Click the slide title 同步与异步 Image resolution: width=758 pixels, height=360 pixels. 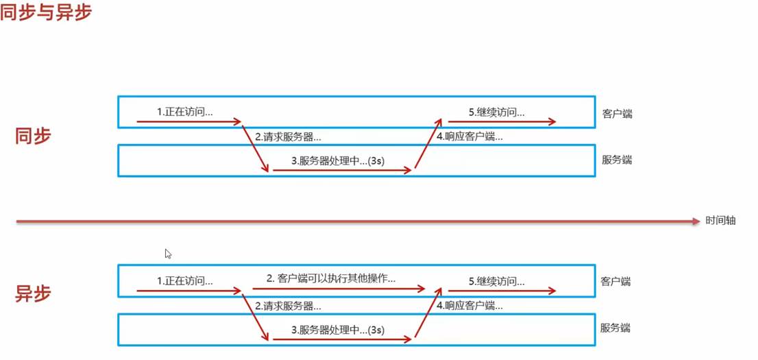[46, 12]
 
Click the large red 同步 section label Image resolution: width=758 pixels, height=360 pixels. [33, 136]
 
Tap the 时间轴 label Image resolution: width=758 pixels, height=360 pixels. [720, 221]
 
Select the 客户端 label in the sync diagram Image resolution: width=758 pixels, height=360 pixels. [617, 114]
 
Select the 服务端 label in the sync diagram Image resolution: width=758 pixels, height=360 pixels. [617, 160]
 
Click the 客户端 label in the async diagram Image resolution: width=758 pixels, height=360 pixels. [615, 282]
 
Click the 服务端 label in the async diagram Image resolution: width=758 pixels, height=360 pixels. [615, 328]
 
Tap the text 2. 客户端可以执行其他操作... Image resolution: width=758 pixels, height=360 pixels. [332, 278]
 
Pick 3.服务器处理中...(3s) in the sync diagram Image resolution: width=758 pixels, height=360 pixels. [338, 161]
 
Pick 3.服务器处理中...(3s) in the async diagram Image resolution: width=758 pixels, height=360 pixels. [338, 330]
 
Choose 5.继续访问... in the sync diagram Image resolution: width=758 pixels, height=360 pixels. [497, 111]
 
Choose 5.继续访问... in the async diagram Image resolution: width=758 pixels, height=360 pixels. [497, 280]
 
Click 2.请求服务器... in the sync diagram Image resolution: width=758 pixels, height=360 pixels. [288, 136]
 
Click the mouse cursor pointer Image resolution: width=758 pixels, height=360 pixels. [168, 254]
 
